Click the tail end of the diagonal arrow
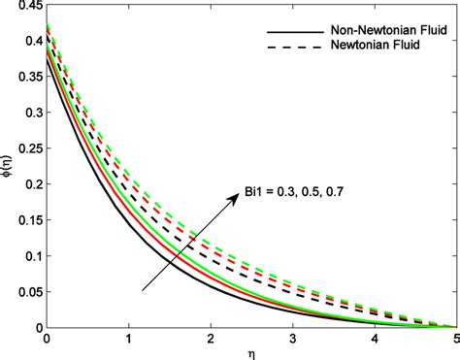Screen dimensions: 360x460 [x=143, y=289]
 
